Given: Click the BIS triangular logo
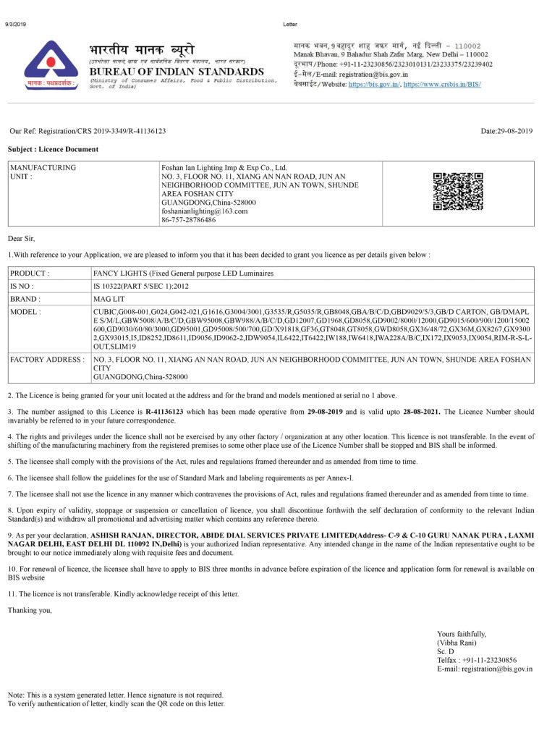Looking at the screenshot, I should (x=51, y=64).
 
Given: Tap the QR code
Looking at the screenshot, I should (x=458, y=192).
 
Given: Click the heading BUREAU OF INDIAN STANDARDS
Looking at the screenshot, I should (x=176, y=72).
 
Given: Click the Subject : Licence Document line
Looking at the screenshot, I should (x=53, y=149).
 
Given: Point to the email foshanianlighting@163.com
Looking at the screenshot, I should (x=204, y=211).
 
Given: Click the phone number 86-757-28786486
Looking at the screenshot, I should (x=188, y=220).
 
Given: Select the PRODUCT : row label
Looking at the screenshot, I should (x=29, y=274).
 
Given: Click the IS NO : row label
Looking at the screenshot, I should (x=25, y=286).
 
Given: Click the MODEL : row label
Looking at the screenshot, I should (x=26, y=311).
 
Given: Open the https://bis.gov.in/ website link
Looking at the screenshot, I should (x=374, y=85).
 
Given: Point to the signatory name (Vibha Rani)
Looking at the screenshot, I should (x=457, y=643).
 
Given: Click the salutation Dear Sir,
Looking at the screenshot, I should (x=21, y=238).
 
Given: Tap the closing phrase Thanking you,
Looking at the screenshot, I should (x=30, y=611).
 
